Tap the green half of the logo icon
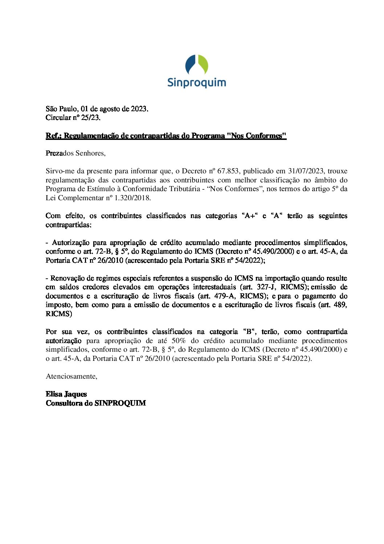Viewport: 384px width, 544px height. (x=203, y=65)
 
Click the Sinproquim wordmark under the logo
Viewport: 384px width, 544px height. (x=197, y=82)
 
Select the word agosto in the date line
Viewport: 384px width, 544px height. (x=109, y=109)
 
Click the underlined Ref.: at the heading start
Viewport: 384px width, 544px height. (x=54, y=136)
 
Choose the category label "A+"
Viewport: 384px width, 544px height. (x=249, y=216)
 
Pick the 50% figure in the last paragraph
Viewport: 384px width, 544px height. (x=179, y=341)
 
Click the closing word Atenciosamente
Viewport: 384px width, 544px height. (x=71, y=376)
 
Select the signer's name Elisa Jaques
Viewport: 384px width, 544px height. (x=66, y=394)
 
